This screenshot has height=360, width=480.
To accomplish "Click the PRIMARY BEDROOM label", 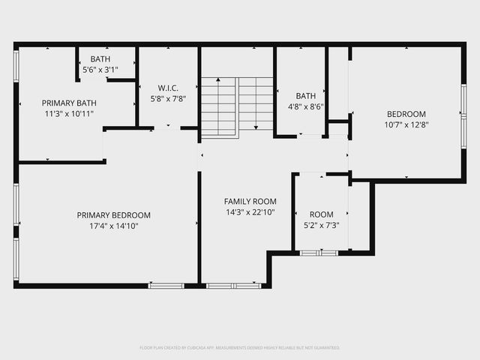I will pyautogui.click(x=113, y=214).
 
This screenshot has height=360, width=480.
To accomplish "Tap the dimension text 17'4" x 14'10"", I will pyautogui.click(x=113, y=225).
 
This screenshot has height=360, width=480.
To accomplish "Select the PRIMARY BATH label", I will pyautogui.click(x=69, y=103).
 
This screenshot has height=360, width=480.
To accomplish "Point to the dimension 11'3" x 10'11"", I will pyautogui.click(x=69, y=113).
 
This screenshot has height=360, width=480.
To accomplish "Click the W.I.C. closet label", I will pyautogui.click(x=167, y=87).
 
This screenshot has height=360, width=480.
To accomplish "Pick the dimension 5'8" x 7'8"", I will pyautogui.click(x=167, y=97).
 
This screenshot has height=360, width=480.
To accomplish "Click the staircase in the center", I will pyautogui.click(x=237, y=106).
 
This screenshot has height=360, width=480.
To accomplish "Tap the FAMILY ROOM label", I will pyautogui.click(x=250, y=201).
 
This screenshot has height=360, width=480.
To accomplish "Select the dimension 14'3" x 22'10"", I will pyautogui.click(x=250, y=211).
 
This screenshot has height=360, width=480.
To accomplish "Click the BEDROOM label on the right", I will pyautogui.click(x=405, y=114).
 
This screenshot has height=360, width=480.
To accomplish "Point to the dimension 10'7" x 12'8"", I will pyautogui.click(x=405, y=124).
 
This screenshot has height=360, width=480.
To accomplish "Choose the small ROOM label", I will pyautogui.click(x=321, y=214).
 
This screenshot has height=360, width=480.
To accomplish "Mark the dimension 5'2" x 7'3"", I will pyautogui.click(x=321, y=224).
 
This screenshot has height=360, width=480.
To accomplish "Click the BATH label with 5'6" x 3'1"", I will pyautogui.click(x=100, y=58).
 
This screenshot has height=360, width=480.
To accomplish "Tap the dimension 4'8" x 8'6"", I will pyautogui.click(x=305, y=106).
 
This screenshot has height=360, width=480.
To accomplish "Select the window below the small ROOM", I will pyautogui.click(x=319, y=253).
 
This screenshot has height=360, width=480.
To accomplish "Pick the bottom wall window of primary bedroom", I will pyautogui.click(x=166, y=286).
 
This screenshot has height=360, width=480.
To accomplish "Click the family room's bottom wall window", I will pyautogui.click(x=233, y=286).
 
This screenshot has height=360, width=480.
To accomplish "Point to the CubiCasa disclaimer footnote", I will pyautogui.click(x=240, y=347).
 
